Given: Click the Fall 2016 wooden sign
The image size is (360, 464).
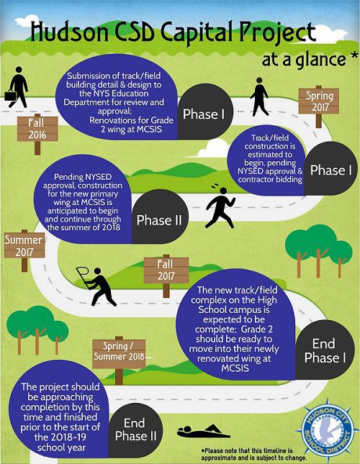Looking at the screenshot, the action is tap(37, 129).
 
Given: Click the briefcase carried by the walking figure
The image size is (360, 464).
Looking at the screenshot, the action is tap(10, 96).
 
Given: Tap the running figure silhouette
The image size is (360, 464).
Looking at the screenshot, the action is tap(220, 206).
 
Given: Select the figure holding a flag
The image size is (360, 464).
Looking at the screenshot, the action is tap(96, 286).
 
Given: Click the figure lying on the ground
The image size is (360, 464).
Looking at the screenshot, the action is tap(203, 432).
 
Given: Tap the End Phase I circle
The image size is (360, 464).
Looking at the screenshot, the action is tap(325, 350).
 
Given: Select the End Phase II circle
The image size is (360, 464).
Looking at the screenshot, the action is tap(135, 429).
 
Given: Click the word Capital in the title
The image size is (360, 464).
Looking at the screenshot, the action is tap(198, 32).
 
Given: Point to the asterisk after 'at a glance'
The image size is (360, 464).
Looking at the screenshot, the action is tap(354, 55).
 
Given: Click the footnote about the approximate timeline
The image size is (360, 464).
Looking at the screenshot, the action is tap(254, 455).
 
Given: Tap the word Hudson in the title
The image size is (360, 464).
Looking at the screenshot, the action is tap(70, 32).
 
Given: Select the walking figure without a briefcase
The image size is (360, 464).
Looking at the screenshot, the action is tap(259, 96).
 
